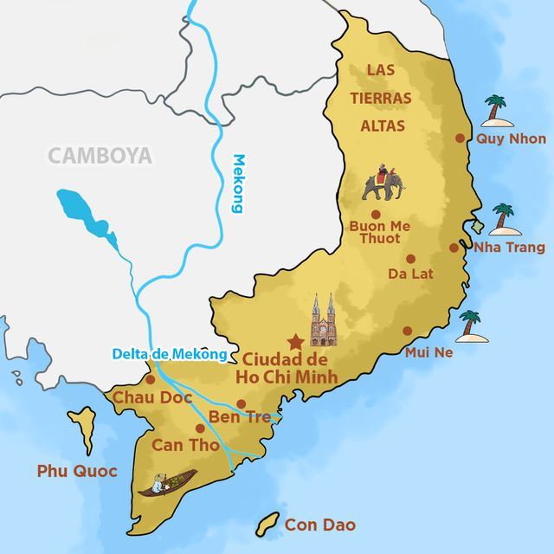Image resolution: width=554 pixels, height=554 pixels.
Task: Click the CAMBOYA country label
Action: click(x=100, y=156)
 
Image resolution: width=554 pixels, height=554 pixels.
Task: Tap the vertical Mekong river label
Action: click(x=239, y=183)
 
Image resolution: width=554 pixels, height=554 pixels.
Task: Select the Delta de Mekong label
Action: click(x=169, y=353)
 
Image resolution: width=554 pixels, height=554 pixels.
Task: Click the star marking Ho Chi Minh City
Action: click(x=295, y=340)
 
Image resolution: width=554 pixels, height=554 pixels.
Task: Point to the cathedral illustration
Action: click(x=323, y=319)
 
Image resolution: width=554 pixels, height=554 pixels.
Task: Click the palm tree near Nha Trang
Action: click(x=503, y=220)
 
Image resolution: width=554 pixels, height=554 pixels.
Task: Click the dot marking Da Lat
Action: click(x=410, y=258)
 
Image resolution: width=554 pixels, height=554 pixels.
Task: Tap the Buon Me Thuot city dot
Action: click(x=376, y=214)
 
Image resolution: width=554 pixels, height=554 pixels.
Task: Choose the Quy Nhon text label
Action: click(x=512, y=138)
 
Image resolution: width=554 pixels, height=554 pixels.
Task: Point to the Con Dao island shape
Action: click(x=268, y=524)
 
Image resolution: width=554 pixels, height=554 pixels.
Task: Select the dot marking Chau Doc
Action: click(x=151, y=379)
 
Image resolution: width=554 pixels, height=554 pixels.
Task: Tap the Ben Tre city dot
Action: click(x=242, y=403)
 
